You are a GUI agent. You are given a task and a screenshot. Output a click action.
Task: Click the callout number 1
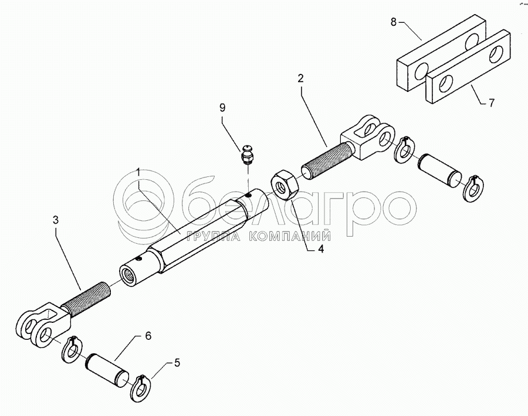138,172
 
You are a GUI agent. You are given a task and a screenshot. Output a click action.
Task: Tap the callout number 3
55,220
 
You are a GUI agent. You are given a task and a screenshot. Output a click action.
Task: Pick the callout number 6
148,336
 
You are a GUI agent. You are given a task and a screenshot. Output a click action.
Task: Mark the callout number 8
394,22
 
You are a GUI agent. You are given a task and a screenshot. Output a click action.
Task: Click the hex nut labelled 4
285,183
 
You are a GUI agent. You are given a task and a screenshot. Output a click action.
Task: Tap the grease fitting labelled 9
248,154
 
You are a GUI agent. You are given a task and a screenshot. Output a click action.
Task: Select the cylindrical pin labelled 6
108,370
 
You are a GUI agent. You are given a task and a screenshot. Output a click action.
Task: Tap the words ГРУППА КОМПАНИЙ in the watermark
258,236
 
